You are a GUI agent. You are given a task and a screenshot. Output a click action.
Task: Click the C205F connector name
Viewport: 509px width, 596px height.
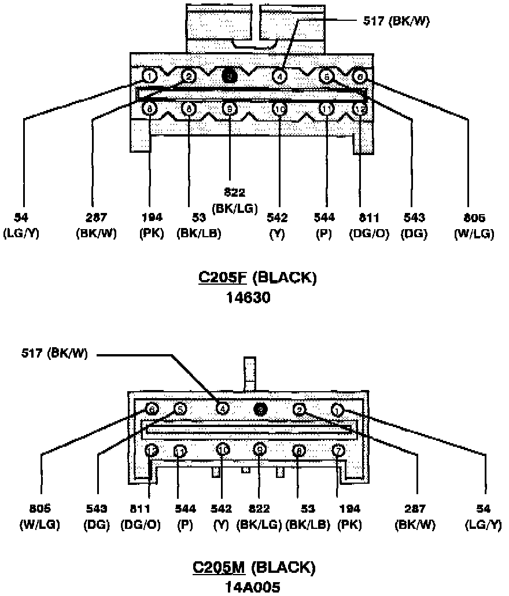click(223, 278)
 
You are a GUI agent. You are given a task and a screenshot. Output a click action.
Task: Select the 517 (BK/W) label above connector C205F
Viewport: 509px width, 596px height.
click(396, 21)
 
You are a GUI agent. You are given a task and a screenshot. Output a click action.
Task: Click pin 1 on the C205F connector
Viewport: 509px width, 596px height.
click(149, 76)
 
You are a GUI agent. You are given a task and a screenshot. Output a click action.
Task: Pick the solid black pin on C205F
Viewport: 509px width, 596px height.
click(230, 76)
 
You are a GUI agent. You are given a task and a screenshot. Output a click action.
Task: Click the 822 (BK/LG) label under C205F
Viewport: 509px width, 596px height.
click(235, 202)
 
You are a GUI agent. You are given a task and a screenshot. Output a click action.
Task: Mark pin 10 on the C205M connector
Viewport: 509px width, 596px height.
click(223, 449)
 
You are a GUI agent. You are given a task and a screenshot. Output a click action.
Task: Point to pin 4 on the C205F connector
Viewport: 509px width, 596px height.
click(279, 76)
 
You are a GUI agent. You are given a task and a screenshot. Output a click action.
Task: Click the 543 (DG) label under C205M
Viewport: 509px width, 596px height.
click(96, 517)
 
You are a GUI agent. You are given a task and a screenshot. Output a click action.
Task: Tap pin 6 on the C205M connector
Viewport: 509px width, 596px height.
click(152, 409)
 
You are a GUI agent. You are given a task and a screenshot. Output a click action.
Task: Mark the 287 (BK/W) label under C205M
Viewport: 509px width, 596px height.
click(415, 517)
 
